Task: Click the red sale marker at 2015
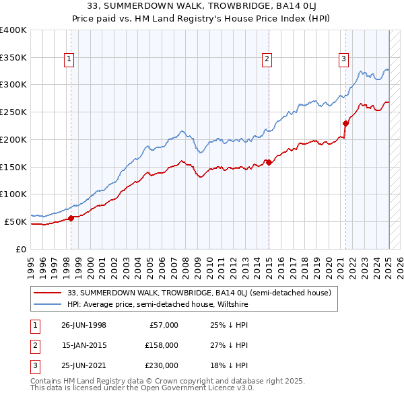coord(269,162)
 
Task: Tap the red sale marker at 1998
coord(71,217)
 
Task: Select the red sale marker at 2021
coord(345,123)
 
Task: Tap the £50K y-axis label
coord(15,221)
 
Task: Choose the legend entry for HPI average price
coord(158,304)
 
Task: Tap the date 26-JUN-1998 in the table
coord(83,325)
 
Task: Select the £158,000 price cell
coord(162,345)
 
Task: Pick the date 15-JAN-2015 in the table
coord(83,345)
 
